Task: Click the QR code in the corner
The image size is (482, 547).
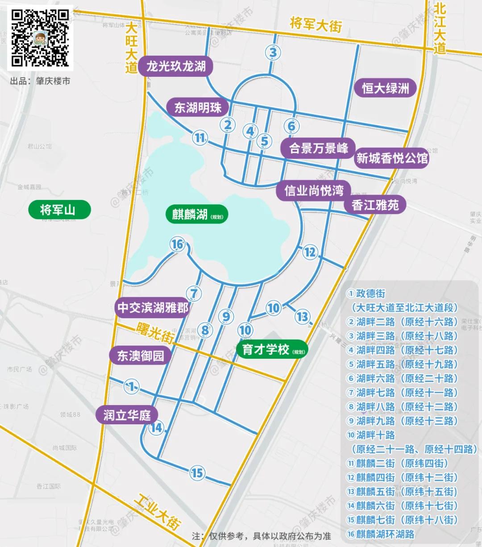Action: pos(40,38)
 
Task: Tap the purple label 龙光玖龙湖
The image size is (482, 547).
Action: pos(175,67)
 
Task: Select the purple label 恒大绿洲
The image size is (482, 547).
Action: pos(386,88)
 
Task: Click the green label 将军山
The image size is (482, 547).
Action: pos(58,210)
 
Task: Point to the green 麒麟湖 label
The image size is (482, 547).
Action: pos(197,215)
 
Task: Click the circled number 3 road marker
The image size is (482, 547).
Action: pos(273,52)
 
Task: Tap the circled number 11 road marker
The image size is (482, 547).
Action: pos(200,138)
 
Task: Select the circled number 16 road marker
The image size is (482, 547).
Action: pos(178,244)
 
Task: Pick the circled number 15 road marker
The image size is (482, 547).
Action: pos(197,472)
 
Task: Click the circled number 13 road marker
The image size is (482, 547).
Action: pos(302,317)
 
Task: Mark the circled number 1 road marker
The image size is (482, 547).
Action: pos(131,386)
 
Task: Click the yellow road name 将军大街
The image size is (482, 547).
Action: pos(316,25)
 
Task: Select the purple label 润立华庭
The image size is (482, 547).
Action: pos(127,415)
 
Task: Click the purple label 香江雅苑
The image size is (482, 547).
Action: pos(375,205)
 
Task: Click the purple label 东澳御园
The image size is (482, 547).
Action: pos(141,356)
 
